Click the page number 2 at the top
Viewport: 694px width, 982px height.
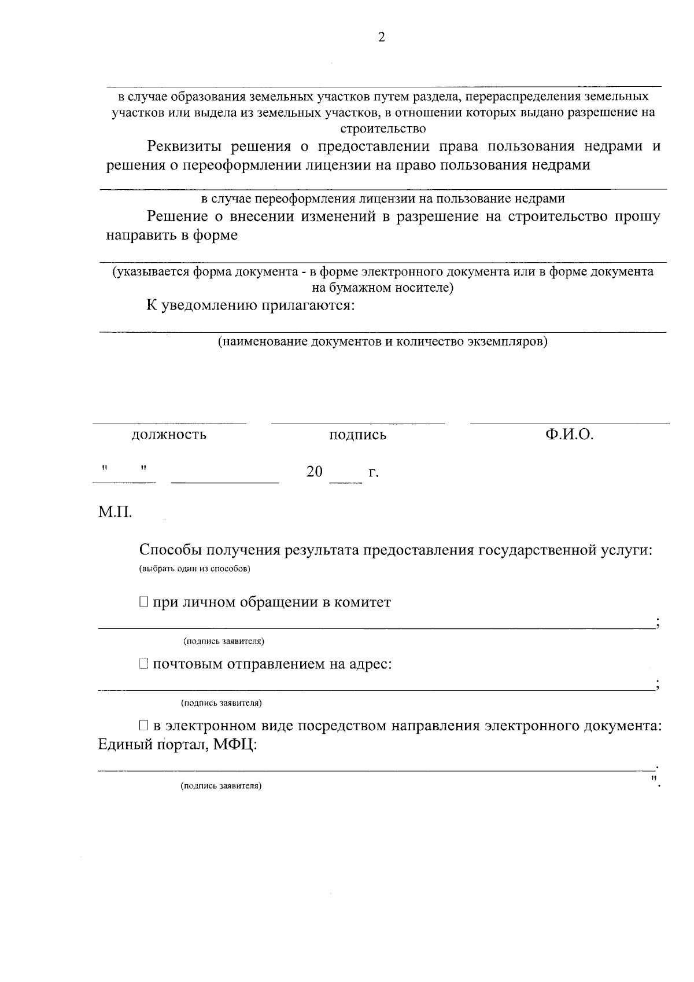pos(381,38)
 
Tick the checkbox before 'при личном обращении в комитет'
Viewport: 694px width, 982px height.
pos(144,602)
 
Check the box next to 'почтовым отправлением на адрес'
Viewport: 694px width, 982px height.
pos(144,664)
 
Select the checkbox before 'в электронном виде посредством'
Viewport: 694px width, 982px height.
pos(144,725)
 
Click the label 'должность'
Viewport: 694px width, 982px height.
pos(169,435)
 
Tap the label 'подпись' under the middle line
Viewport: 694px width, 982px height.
pos(357,435)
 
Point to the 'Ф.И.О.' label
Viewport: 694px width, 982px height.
pos(569,434)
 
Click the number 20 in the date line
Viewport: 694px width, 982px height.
pos(315,472)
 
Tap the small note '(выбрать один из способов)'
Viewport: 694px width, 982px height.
pos(194,569)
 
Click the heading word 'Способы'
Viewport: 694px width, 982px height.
pos(170,550)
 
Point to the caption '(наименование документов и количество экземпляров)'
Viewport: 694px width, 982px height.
pos(382,341)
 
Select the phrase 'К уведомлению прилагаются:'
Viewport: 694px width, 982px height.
pos(250,305)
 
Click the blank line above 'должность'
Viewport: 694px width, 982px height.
pos(169,424)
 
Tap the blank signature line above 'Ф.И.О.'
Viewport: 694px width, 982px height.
pos(569,424)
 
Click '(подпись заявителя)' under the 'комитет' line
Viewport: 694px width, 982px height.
pos(224,642)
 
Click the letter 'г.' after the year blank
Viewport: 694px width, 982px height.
pos(374,473)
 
